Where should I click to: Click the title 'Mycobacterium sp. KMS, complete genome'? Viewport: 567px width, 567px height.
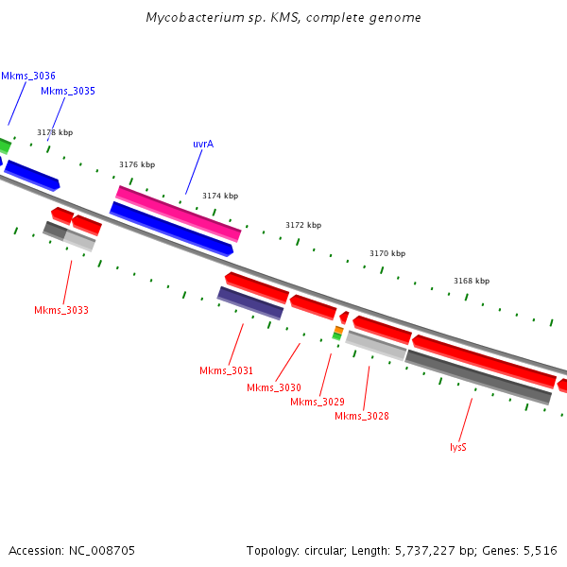click(283, 18)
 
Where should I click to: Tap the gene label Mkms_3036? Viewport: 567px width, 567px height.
click(28, 76)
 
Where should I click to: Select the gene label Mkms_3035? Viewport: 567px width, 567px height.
click(67, 92)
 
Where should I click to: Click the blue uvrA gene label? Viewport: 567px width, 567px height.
click(203, 144)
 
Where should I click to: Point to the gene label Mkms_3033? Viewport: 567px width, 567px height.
click(61, 310)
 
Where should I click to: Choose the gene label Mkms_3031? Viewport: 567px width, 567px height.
click(226, 369)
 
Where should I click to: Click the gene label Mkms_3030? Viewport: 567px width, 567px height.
click(274, 387)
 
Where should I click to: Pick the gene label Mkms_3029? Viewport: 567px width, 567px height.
click(318, 402)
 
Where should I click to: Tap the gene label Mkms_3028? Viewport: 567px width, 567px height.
click(362, 416)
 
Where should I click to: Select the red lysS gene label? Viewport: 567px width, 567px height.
click(458, 447)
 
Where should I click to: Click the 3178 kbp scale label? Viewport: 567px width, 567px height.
click(55, 133)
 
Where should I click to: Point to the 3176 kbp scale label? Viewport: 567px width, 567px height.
click(137, 164)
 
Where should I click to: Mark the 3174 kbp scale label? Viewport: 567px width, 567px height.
click(220, 196)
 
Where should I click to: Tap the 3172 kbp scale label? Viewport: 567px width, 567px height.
click(303, 225)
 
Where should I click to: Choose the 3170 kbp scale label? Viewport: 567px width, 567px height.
click(387, 253)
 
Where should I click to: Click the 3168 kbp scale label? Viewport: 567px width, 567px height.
click(472, 281)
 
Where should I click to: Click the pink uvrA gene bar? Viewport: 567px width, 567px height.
click(178, 213)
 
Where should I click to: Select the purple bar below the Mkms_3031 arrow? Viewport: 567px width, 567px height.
click(250, 303)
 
